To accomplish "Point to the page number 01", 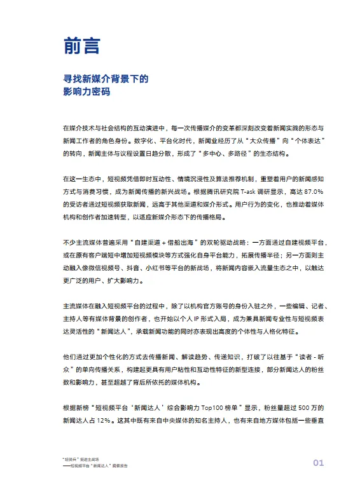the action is click(x=318, y=462).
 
